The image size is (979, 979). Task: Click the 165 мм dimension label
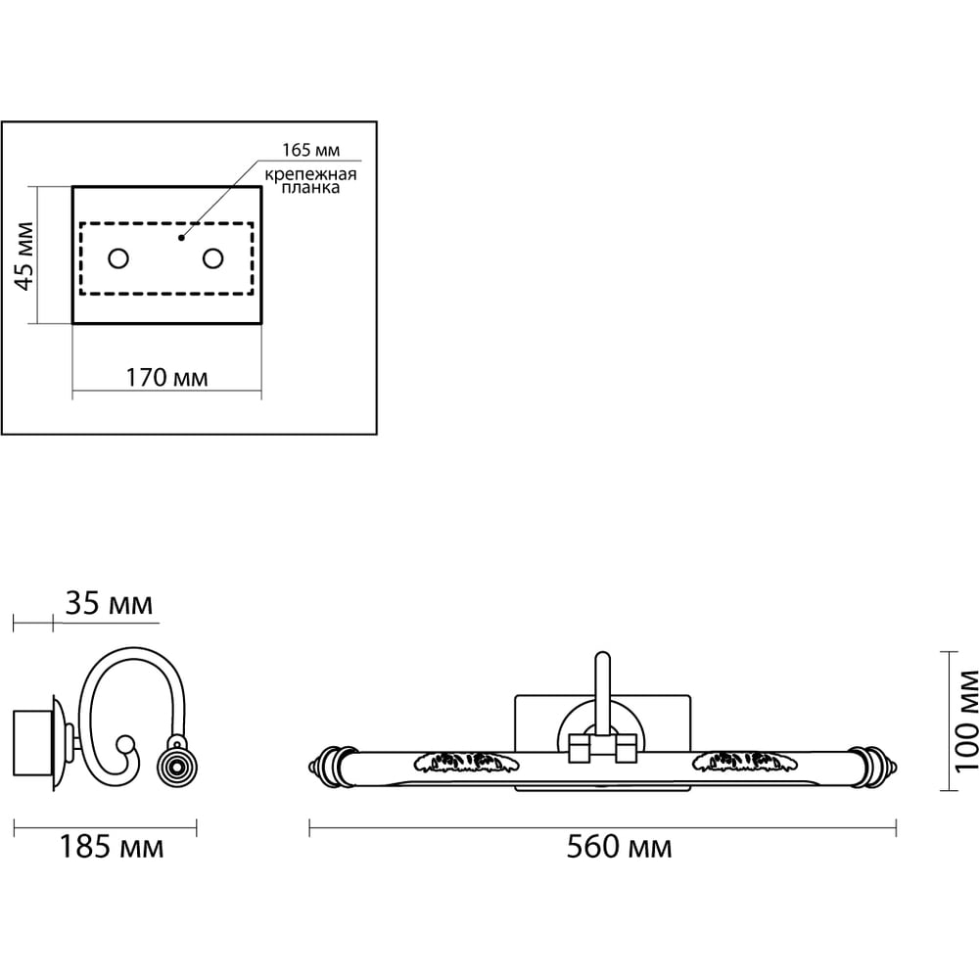pyautogui.click(x=311, y=151)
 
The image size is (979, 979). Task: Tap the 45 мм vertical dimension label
pyautogui.click(x=25, y=256)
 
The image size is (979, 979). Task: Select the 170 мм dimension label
pyautogui.click(x=166, y=378)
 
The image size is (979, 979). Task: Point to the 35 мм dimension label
pyautogui.click(x=109, y=604)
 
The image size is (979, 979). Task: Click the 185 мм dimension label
pyautogui.click(x=112, y=847)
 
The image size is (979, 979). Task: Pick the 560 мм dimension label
pyautogui.click(x=619, y=847)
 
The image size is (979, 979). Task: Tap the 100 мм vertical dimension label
pyautogui.click(x=966, y=721)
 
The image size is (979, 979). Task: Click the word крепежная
pyautogui.click(x=310, y=174)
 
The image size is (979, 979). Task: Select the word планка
pyautogui.click(x=310, y=187)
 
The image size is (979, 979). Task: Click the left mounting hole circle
pyautogui.click(x=118, y=257)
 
